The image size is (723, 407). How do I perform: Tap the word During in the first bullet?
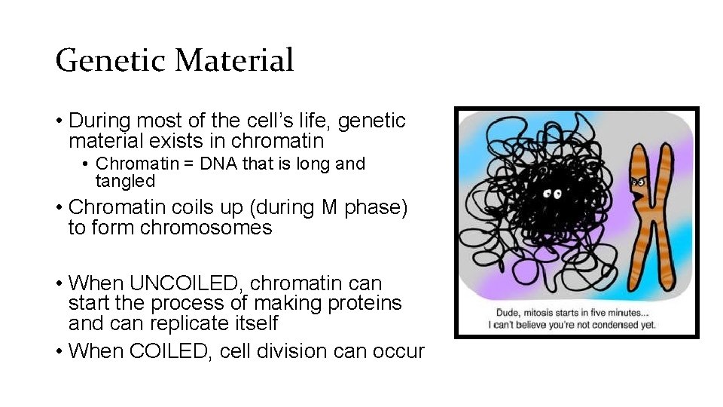tap(98, 121)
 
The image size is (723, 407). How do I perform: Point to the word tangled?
tap(125, 181)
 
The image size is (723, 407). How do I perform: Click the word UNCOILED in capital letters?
tap(187, 283)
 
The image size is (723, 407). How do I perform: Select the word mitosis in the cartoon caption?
tap(549, 311)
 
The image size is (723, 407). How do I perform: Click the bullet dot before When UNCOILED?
tap(58, 284)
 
